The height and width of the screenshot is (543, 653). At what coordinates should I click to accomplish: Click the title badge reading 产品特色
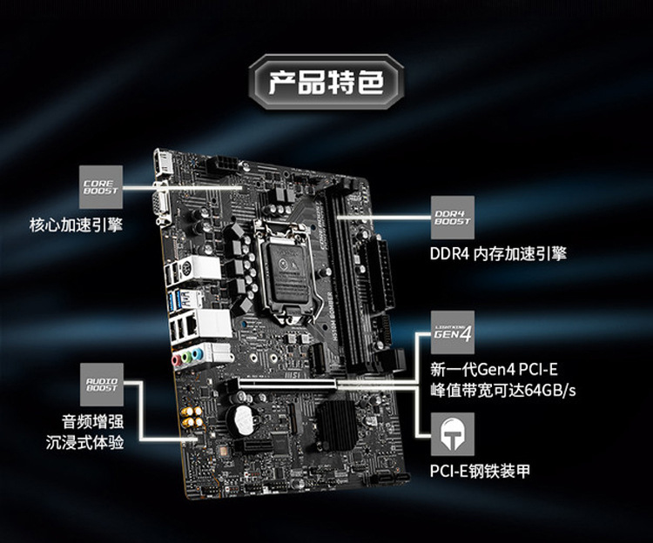[326, 84]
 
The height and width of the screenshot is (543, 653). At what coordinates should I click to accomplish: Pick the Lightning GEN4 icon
[453, 332]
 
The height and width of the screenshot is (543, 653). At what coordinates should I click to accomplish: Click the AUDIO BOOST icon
[101, 384]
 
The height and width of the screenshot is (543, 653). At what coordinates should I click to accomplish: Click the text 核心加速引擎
[77, 225]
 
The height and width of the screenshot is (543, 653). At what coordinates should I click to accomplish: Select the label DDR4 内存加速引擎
[498, 254]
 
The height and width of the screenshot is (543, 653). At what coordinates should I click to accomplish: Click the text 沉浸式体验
[84, 443]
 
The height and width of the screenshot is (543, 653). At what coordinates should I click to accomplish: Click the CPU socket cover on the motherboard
[290, 261]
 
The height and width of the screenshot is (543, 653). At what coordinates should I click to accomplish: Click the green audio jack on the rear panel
[196, 357]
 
